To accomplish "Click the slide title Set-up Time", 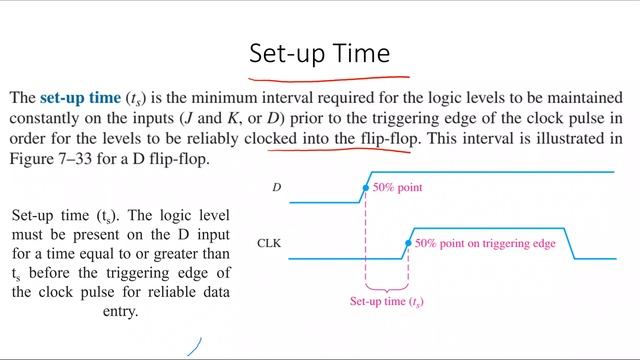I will [320, 51].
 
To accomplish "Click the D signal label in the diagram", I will [277, 187].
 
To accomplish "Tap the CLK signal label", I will [269, 243].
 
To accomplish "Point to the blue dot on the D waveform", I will [366, 187].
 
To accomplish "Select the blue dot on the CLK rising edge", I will [408, 243].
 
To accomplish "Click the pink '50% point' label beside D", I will [398, 187].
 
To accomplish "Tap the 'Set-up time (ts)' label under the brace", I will [386, 301].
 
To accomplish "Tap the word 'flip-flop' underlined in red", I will [387, 139].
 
